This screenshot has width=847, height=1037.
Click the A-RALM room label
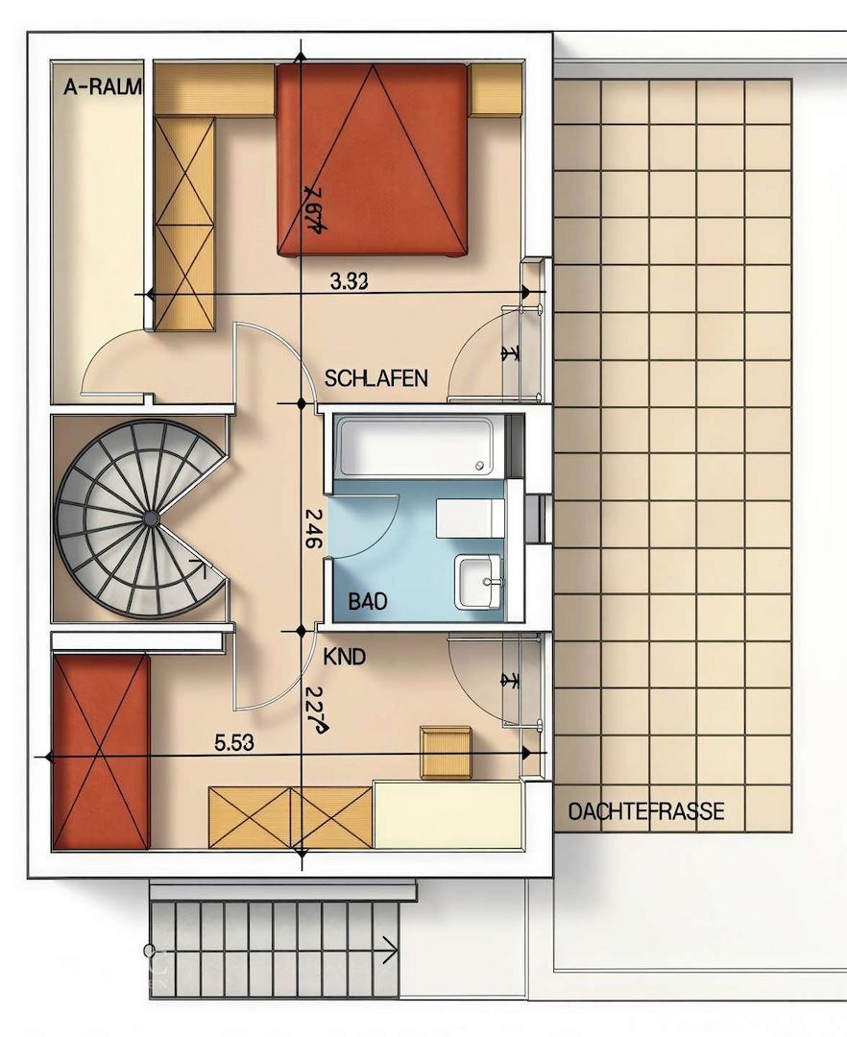point(102,87)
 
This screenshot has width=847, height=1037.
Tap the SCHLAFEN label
point(375,378)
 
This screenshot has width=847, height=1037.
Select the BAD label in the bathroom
point(367,602)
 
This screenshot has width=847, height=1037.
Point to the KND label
point(345,658)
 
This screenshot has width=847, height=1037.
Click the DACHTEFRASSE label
point(646,812)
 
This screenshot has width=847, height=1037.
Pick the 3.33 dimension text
point(350,281)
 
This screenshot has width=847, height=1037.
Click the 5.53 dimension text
point(234,742)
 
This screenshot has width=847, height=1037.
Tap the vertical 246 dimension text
point(311,528)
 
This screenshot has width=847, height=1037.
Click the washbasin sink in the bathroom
point(477,581)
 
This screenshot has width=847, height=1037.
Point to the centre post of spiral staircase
point(151,518)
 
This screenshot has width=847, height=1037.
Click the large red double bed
point(373,158)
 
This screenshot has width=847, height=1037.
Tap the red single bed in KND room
point(101,751)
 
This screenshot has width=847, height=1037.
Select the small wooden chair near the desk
point(446,751)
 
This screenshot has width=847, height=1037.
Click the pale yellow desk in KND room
point(448,814)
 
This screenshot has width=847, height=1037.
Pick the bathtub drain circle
point(480,466)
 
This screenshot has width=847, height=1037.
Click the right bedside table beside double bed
point(496,90)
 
